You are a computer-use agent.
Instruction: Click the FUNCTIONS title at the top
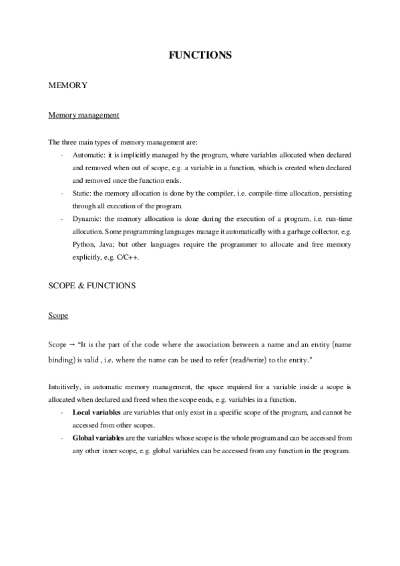200,55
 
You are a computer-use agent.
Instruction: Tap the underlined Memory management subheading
83,115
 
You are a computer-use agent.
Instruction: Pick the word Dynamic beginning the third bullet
87,218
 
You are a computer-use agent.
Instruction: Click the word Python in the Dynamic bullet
83,244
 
